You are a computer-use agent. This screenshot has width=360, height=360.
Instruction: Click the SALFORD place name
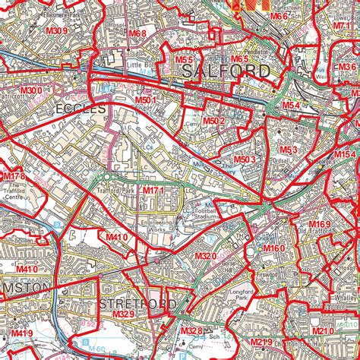point(226,71)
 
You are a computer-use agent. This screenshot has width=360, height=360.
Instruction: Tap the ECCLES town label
point(79,109)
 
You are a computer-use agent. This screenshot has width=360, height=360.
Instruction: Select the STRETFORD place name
point(137,304)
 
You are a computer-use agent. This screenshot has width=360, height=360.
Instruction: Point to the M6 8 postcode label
point(137,33)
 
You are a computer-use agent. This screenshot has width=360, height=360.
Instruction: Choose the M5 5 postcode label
point(185,59)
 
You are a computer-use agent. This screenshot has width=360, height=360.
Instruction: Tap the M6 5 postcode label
point(240,59)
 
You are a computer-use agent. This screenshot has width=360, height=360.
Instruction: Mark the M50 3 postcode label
point(243,159)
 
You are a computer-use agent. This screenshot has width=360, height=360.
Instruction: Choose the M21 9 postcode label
point(261,343)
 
